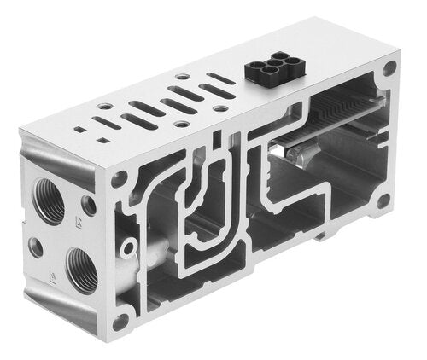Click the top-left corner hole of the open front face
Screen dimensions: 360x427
(x=120, y=179)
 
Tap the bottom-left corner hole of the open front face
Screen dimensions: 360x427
(x=120, y=322)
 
